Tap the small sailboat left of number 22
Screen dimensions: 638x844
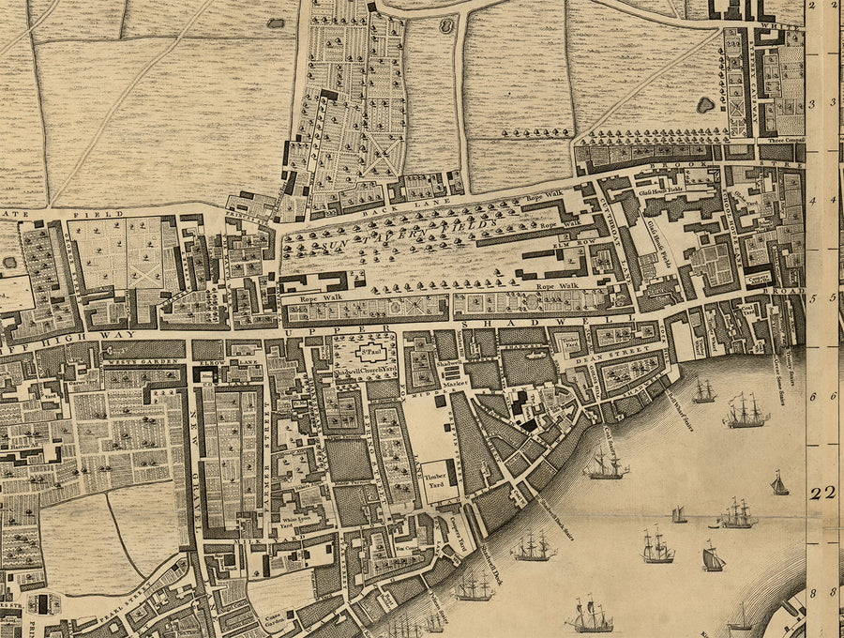(x=779, y=483)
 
